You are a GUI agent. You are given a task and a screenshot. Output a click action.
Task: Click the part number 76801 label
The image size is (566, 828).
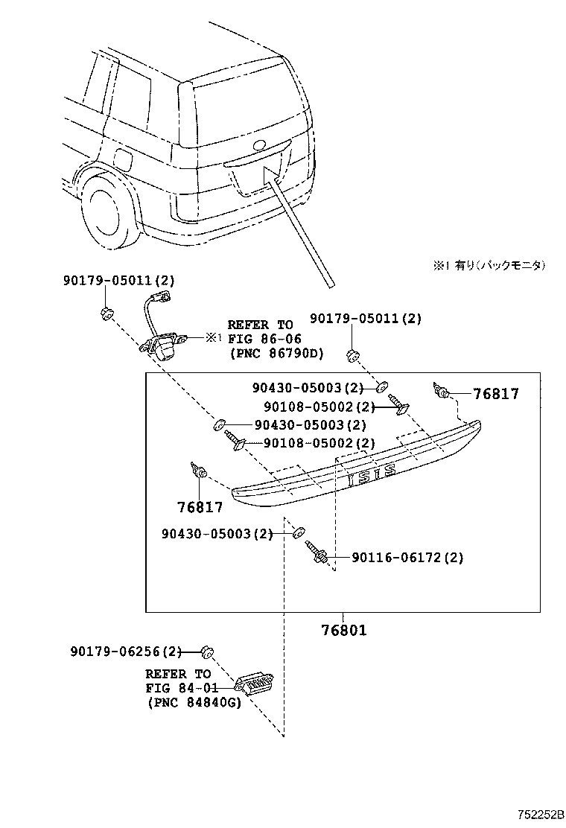343,630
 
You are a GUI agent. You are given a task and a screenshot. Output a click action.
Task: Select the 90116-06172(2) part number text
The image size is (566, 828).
407,557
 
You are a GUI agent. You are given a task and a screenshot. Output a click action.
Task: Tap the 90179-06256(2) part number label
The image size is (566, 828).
126,652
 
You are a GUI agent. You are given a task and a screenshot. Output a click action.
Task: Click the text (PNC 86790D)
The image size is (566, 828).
276,353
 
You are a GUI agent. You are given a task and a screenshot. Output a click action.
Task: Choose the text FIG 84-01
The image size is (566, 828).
178,687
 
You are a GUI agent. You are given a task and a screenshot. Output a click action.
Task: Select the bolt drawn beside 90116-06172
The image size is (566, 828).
318,554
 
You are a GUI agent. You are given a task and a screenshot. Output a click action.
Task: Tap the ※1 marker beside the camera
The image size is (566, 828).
214,337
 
